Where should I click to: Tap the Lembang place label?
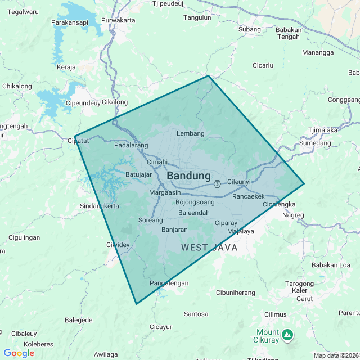(x=190, y=133)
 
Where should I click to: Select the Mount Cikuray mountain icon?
(x=287, y=335)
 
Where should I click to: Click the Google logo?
(x=19, y=353)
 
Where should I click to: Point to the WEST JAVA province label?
(x=209, y=247)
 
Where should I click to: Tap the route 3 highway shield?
(x=217, y=183)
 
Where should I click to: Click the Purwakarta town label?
(x=118, y=20)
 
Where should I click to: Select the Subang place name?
(x=250, y=29)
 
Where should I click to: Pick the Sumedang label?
(x=316, y=143)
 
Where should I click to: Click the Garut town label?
(x=304, y=299)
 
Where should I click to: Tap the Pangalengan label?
(x=169, y=283)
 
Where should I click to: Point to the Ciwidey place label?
(x=118, y=245)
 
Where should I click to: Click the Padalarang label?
(x=131, y=145)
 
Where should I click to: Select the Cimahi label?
(x=157, y=162)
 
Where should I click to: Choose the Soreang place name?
(x=150, y=220)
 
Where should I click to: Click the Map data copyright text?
(x=336, y=355)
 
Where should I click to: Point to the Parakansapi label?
(x=70, y=22)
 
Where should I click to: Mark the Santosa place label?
(x=196, y=314)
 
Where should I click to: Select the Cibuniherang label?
(x=236, y=292)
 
